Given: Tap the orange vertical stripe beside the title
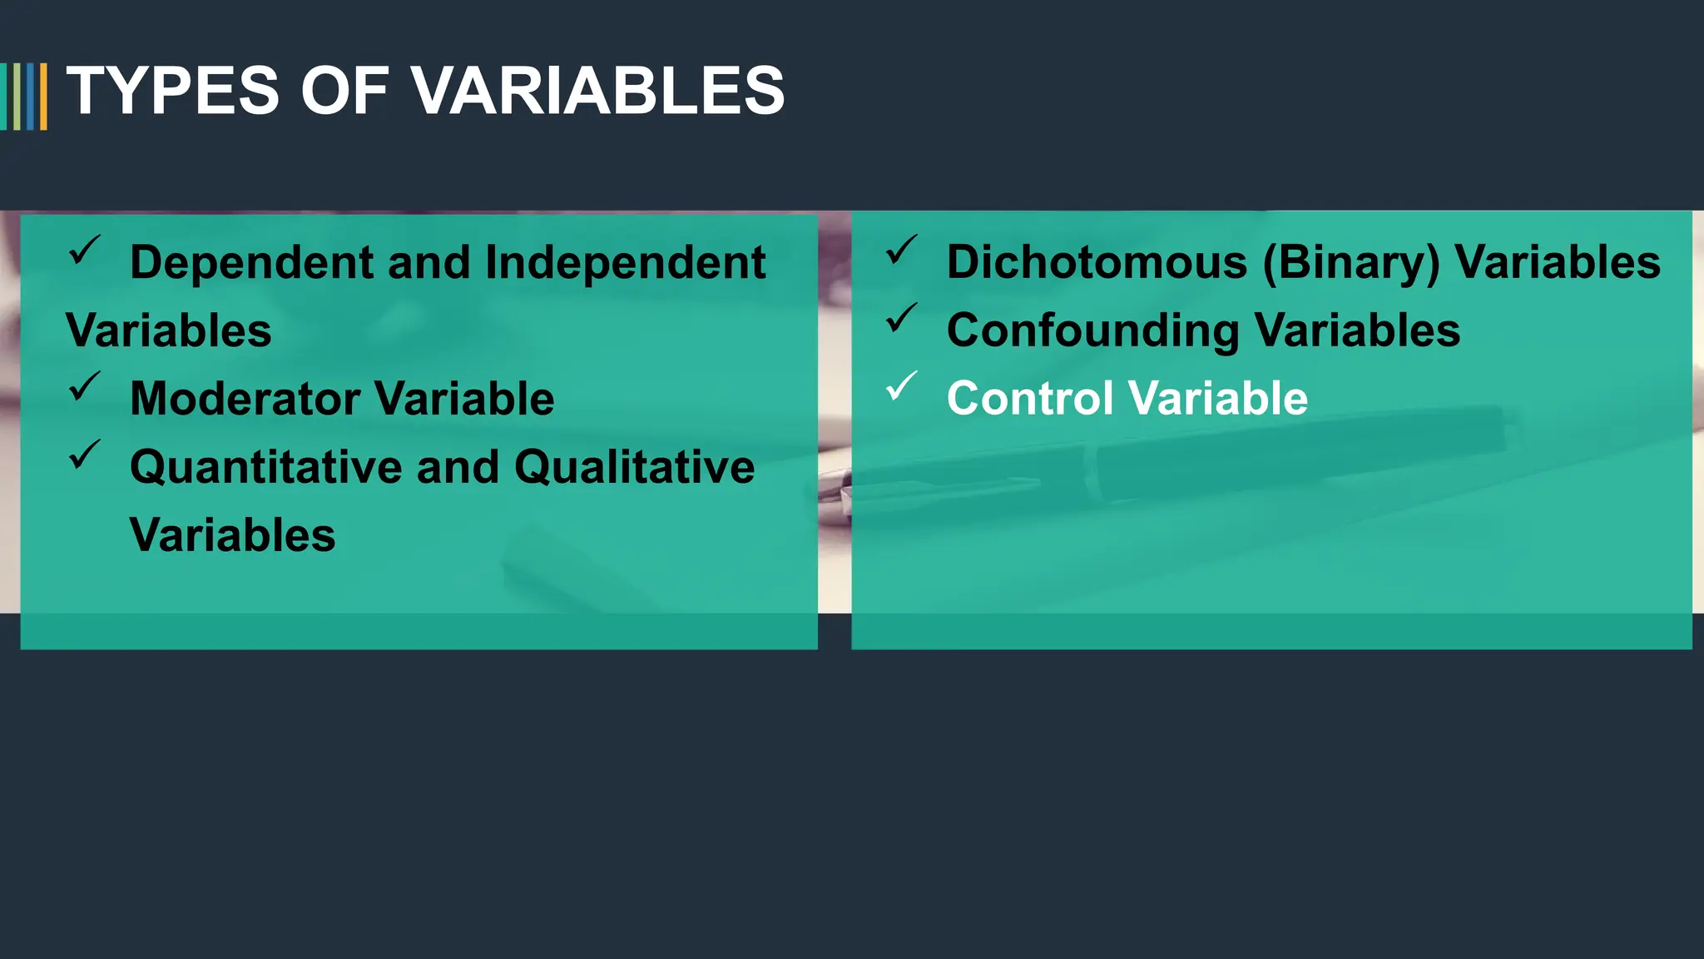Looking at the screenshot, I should coord(43,97).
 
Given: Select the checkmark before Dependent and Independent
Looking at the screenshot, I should coord(84,250).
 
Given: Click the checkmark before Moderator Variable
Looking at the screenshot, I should coord(84,386).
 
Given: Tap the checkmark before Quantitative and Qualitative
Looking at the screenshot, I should coord(84,455).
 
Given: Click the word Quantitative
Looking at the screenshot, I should coord(265,467).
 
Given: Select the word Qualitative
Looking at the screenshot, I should coord(634,467).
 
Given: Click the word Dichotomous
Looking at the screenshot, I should coord(1097,263).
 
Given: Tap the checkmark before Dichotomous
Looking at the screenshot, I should coord(901,250).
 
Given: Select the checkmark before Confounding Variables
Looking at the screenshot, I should coord(901,318).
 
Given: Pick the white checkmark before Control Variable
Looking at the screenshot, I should coord(901,386).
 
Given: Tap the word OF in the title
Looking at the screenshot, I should coord(344,91).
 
